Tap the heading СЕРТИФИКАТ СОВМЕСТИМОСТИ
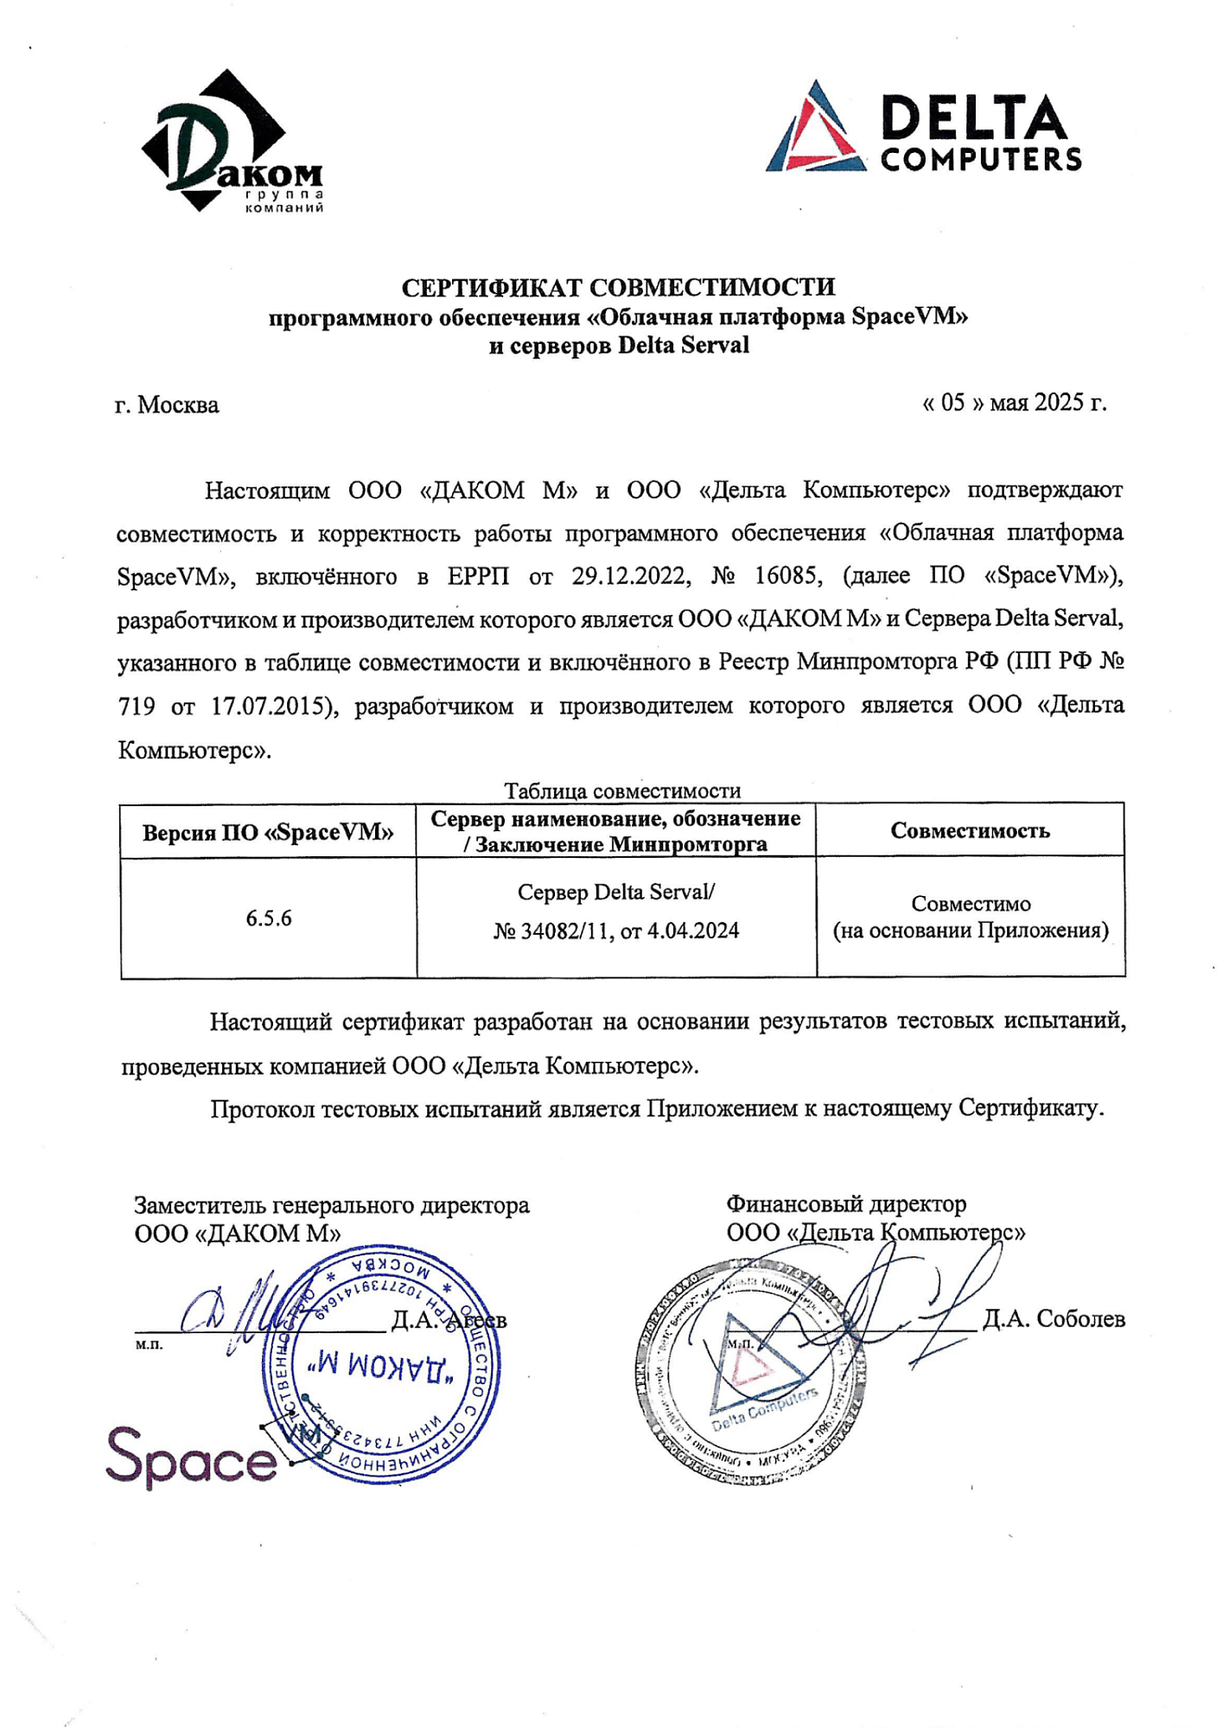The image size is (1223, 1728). [x=618, y=287]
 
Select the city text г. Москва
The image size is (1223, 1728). [x=167, y=405]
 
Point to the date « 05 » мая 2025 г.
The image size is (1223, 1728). [x=1014, y=403]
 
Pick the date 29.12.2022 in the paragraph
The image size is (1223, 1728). [x=630, y=576]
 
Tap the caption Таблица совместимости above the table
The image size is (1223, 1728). [x=622, y=791]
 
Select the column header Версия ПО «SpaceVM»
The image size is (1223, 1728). [x=268, y=832]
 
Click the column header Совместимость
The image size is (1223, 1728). [x=970, y=831]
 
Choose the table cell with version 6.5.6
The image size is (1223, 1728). [x=268, y=918]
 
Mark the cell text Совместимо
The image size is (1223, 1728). [x=971, y=904]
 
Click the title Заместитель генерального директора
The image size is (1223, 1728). [x=332, y=1205]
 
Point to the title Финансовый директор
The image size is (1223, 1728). [x=845, y=1204]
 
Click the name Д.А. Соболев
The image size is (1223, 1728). [x=1054, y=1319]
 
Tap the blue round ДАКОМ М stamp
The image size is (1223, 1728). [x=381, y=1365]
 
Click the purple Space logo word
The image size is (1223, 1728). [x=191, y=1458]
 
